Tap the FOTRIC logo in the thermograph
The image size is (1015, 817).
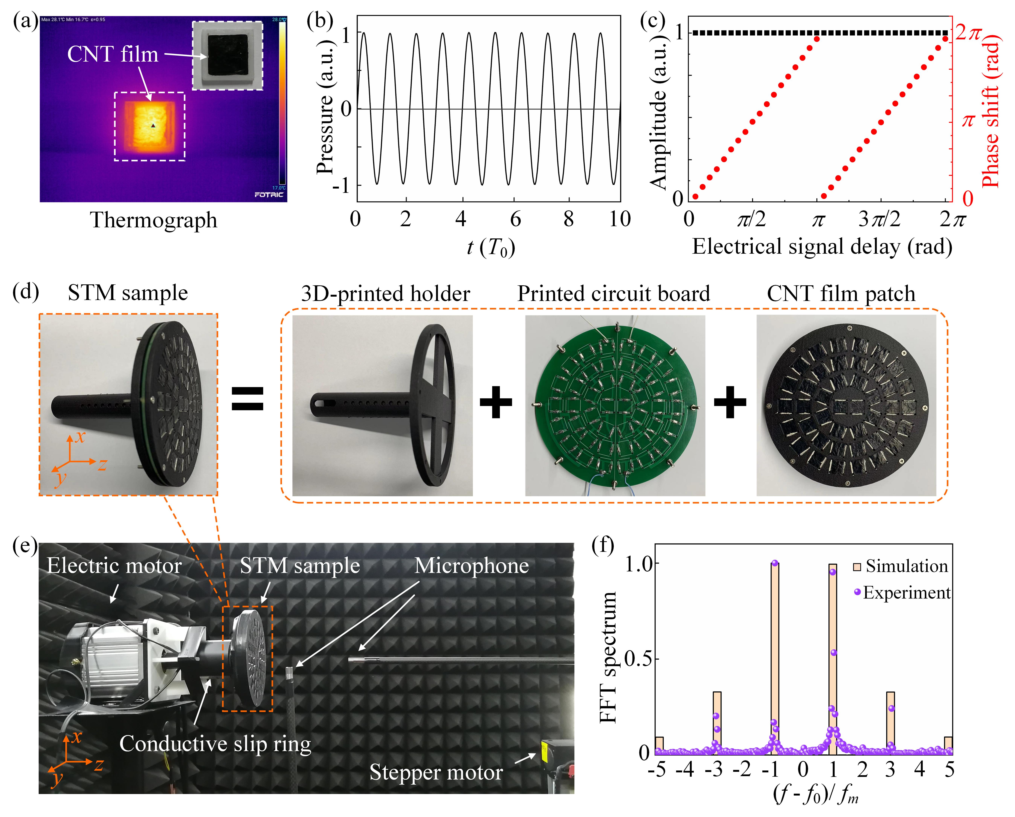(x=269, y=195)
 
